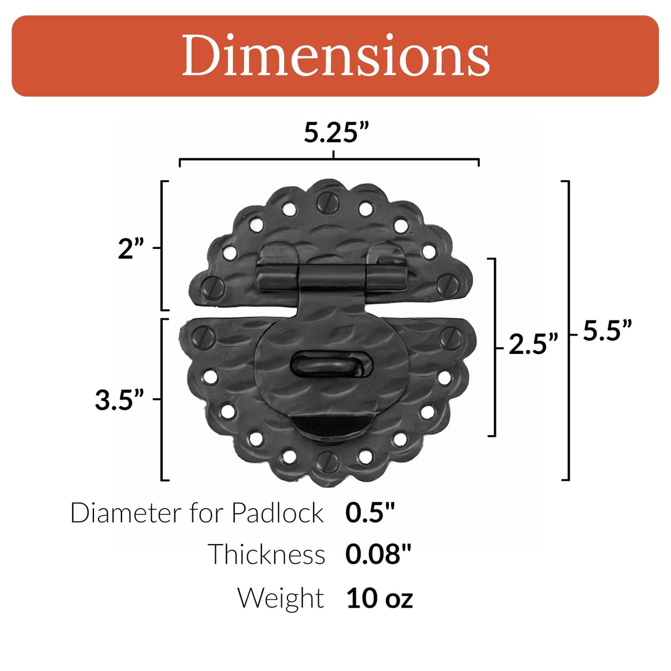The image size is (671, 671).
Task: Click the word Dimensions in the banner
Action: [335, 56]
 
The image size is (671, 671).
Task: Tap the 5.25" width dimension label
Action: [337, 133]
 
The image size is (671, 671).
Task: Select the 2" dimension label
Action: [131, 249]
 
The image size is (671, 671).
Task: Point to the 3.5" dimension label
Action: [120, 400]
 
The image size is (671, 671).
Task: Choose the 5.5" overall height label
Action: [607, 330]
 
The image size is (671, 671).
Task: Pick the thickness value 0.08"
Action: [378, 554]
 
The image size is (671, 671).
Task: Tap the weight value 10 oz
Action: [379, 598]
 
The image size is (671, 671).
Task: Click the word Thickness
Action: [267, 554]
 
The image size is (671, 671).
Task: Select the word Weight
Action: [281, 598]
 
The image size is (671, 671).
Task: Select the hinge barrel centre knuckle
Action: [332, 276]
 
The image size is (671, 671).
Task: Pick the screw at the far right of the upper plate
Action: [448, 285]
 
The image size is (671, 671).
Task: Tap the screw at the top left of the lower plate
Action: [205, 337]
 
